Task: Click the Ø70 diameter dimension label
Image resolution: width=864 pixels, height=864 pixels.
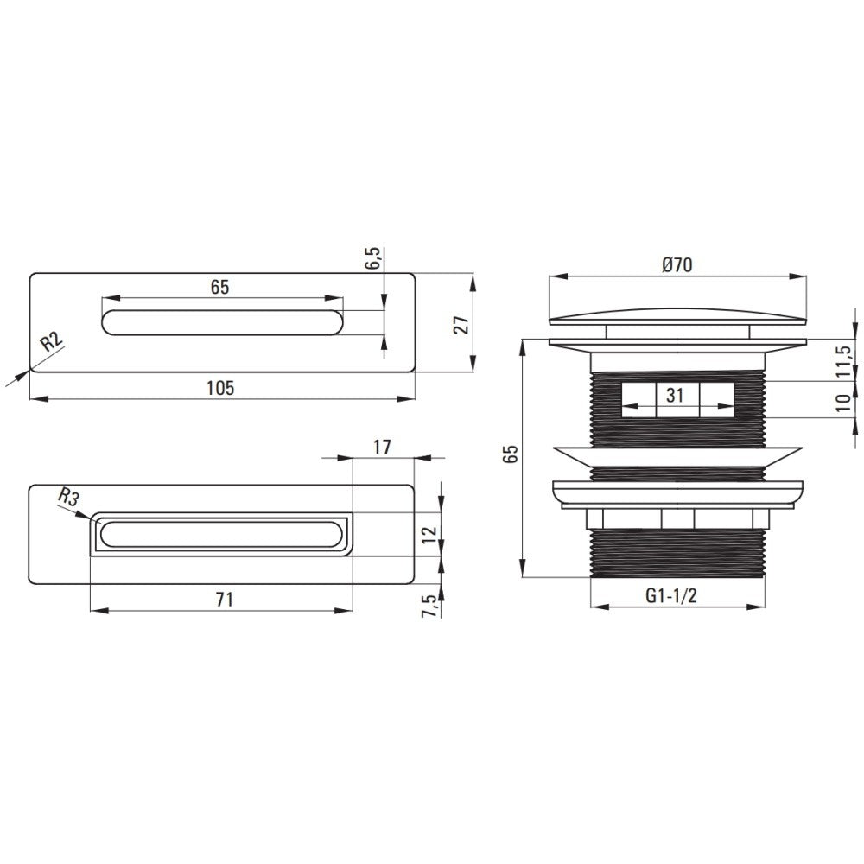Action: pyautogui.click(x=677, y=265)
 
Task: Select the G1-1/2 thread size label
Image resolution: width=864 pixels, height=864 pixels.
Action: pyautogui.click(x=671, y=595)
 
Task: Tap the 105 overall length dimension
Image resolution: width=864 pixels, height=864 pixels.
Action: pyautogui.click(x=220, y=388)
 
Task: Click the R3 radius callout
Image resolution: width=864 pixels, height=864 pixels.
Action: pyautogui.click(x=68, y=498)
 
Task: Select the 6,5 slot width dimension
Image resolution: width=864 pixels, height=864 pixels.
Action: pyautogui.click(x=372, y=257)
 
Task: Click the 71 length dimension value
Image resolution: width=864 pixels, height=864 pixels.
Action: pyautogui.click(x=225, y=599)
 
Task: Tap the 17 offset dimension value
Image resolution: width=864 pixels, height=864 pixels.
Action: pyautogui.click(x=382, y=447)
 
